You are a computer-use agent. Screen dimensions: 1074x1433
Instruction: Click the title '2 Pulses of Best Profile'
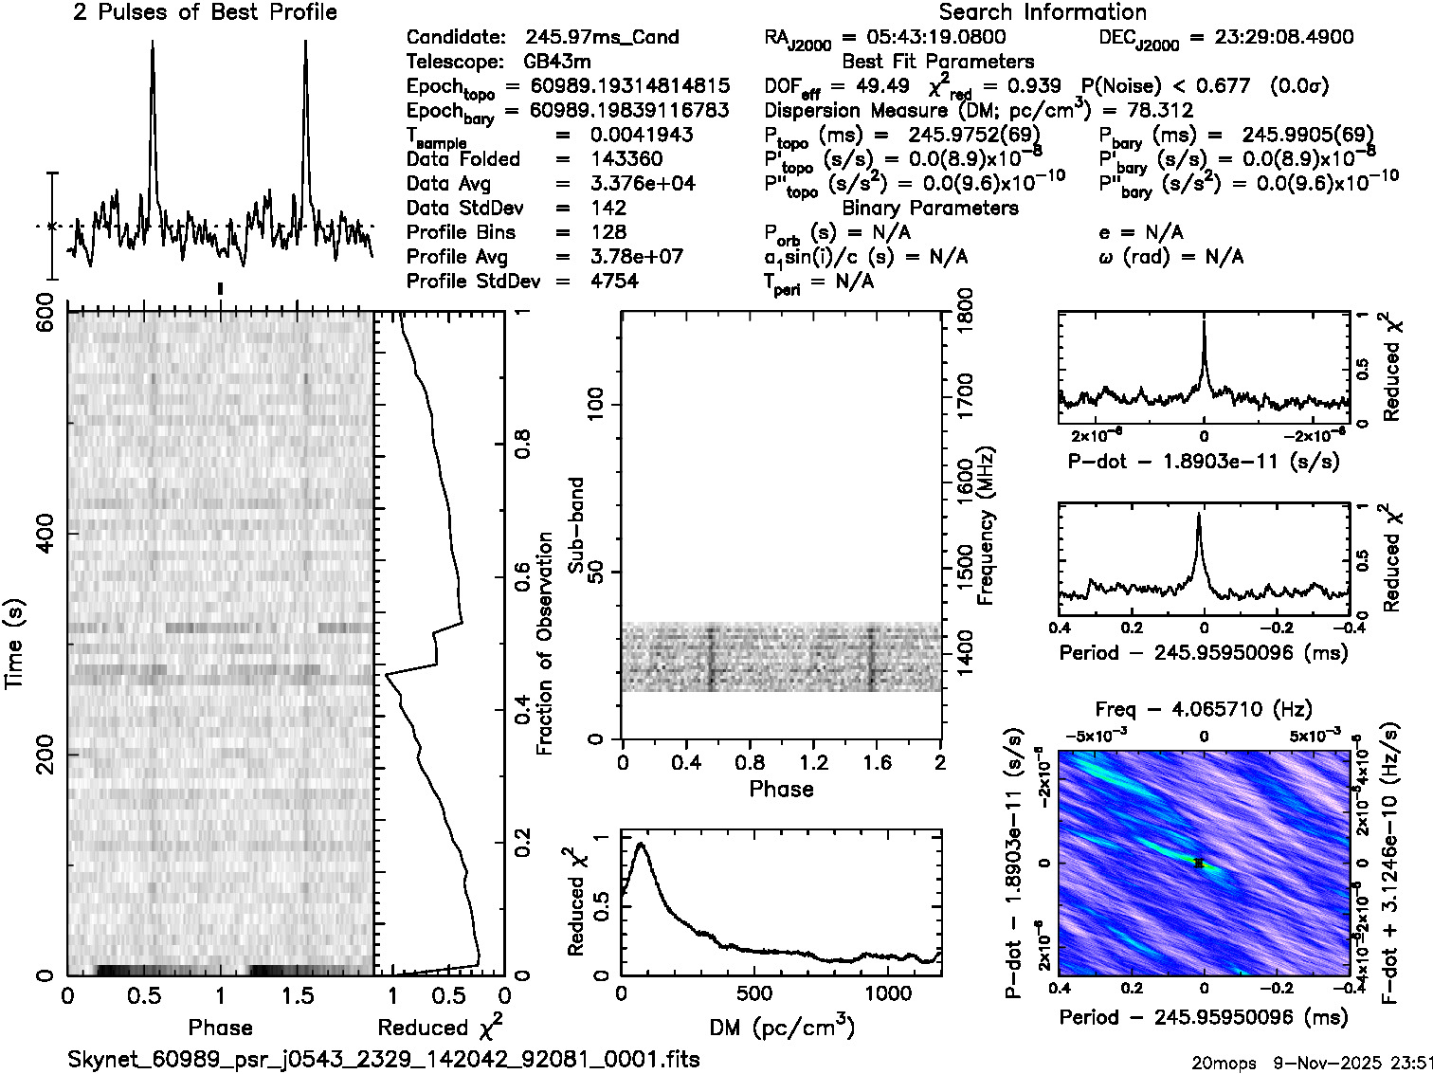[205, 12]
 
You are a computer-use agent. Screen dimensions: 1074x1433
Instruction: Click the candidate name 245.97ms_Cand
[602, 37]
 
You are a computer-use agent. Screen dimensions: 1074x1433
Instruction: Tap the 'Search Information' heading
[1043, 12]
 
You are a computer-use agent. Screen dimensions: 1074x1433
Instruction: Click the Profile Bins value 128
[608, 232]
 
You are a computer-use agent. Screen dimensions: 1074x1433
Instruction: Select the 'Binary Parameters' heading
[931, 208]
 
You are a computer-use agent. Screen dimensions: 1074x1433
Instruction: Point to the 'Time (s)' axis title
[15, 644]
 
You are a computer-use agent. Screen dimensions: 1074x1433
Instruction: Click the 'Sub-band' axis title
[576, 524]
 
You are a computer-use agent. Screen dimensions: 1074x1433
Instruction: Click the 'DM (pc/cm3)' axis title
[782, 1028]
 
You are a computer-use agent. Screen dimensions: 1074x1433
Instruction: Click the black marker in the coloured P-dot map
[1199, 864]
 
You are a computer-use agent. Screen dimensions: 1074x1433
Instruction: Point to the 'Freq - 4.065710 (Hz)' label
[1204, 709]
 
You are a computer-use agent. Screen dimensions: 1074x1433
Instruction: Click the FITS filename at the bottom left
[384, 1059]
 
